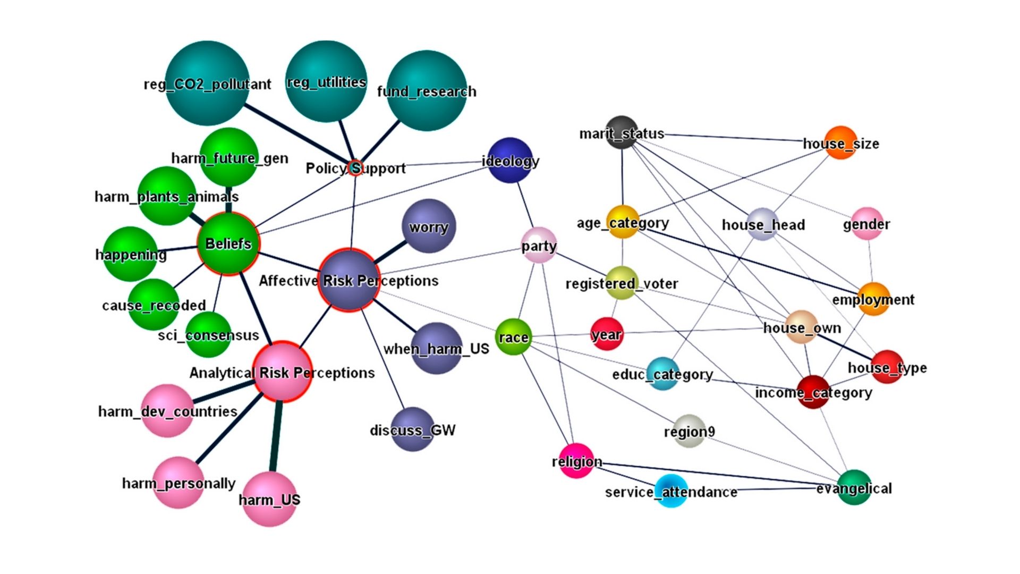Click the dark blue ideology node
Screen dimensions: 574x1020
(510, 160)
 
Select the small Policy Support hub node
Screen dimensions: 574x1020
(355, 168)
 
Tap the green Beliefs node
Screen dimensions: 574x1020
(228, 244)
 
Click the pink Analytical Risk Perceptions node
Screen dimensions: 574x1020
(282, 372)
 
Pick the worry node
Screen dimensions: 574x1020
(429, 226)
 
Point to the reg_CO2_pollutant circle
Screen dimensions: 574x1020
(207, 83)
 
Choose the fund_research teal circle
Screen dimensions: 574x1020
(427, 91)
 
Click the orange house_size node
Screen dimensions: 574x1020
(840, 142)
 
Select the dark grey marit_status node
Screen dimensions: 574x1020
(622, 132)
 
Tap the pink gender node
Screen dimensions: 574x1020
(866, 224)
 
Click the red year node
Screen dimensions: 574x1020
(607, 334)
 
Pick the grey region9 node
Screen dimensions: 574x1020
(689, 431)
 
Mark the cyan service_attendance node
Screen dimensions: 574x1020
(671, 491)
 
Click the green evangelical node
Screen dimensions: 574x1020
(854, 487)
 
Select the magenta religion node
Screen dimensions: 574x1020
(576, 461)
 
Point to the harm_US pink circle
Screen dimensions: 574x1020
(269, 499)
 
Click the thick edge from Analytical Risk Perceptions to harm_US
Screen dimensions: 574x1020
(275, 436)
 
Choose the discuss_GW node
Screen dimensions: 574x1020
(412, 429)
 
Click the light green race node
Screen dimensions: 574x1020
(513, 337)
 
